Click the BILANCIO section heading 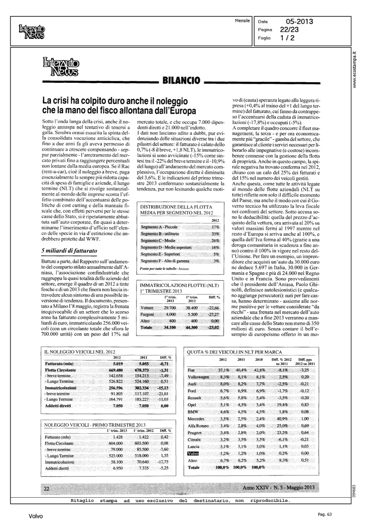[x=181, y=81]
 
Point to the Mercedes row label [x=196, y=419]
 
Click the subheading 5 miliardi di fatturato [x=69, y=251]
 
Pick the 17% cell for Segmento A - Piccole [x=215, y=227]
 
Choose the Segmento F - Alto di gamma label [x=165, y=261]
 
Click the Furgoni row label [x=147, y=314]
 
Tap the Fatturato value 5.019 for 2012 [x=117, y=364]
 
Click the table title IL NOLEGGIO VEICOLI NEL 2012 [x=80, y=352]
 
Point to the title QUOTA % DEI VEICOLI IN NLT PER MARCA [x=234, y=352]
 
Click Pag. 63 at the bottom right [x=324, y=515]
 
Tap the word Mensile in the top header [x=242, y=21]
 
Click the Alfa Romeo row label [x=198, y=426]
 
